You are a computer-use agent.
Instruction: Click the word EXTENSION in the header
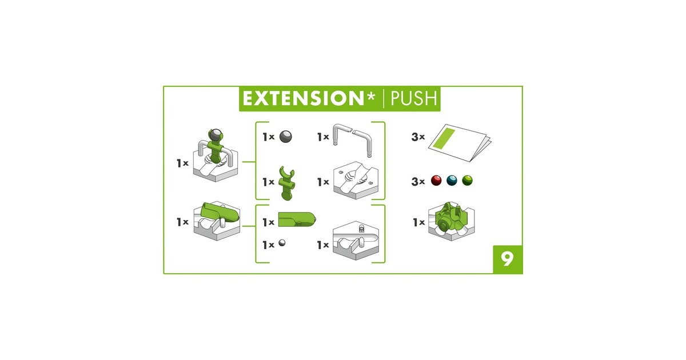pos(303,98)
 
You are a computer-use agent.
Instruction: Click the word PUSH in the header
pos(413,98)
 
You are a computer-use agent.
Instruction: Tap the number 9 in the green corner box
pos(508,259)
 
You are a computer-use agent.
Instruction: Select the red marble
pos(436,181)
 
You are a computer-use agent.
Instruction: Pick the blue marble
pos(452,181)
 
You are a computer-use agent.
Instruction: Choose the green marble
pos(468,181)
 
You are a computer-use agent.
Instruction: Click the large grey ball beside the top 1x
pos(286,137)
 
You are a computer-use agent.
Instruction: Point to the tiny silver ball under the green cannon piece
pos(282,243)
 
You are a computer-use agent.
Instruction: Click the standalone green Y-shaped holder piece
pos(286,183)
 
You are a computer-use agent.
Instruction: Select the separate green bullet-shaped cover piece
pos(297,219)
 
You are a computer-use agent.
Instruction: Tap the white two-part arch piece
pos(352,140)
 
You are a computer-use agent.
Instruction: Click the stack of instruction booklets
pos(460,143)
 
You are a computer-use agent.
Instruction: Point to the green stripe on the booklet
pos(444,138)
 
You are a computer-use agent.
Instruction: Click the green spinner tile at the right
pos(451,221)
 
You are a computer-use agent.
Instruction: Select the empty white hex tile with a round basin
pos(356,181)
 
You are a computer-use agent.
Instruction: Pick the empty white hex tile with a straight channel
pos(356,241)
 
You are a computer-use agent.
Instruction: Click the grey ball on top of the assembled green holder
pos(216,134)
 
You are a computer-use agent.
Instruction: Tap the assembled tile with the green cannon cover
pos(217,221)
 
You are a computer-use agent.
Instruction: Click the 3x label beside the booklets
pos(418,137)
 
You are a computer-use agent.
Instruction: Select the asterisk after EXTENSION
pos(370,96)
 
